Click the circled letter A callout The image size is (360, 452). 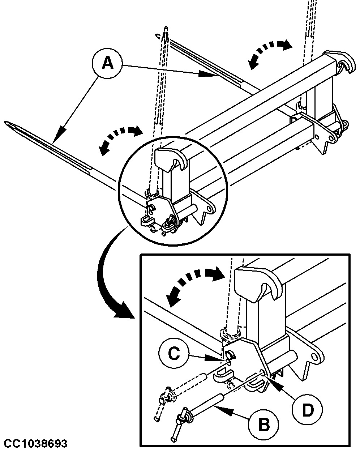pos(107,64)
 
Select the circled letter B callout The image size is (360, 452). pos(264,424)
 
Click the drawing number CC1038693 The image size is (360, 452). pos(35,444)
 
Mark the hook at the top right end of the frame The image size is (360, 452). pos(346,65)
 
